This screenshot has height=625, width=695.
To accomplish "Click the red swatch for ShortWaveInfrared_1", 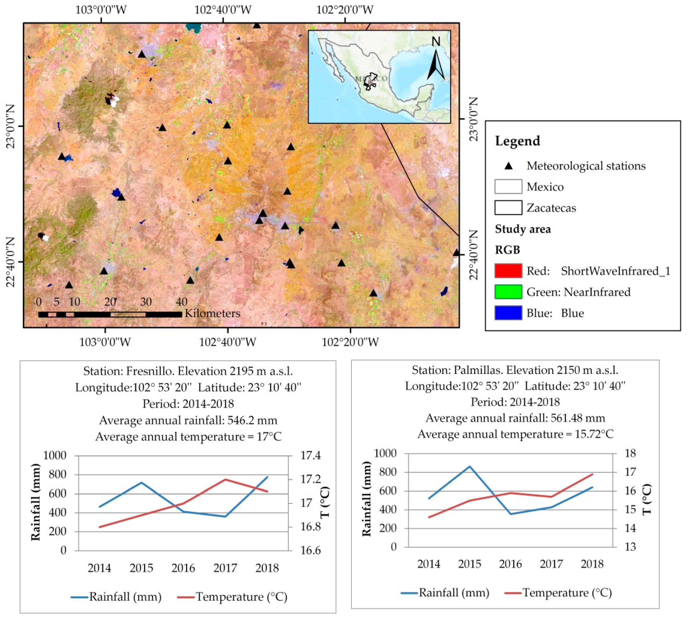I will (x=508, y=271).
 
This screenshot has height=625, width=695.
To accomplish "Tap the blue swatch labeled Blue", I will (x=508, y=313).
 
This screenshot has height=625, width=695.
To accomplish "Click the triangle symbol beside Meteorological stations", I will (x=508, y=166).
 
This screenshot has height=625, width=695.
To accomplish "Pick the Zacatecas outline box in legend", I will (x=508, y=207).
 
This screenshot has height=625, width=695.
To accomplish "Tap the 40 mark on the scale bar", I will (x=181, y=302).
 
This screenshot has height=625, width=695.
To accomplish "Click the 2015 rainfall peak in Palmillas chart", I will (x=469, y=466).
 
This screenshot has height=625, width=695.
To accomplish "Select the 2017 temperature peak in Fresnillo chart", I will (x=225, y=479).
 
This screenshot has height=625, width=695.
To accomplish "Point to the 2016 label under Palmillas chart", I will (x=510, y=564).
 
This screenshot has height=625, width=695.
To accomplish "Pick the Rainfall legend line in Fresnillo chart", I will (x=79, y=597).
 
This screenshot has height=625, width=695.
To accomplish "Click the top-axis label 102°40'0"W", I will (x=223, y=10).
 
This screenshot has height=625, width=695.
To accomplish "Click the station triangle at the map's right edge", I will (x=456, y=253).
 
